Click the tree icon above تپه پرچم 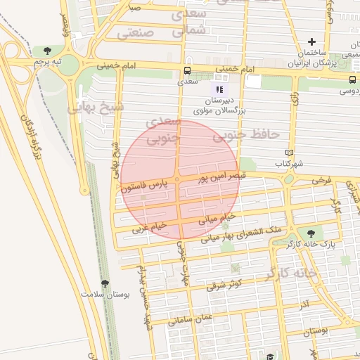point(47,51)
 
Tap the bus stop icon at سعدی point(187,71)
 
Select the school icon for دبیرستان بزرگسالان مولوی point(219,90)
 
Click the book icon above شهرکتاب point(289,153)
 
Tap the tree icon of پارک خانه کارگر point(311,233)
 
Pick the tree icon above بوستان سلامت point(105,283)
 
